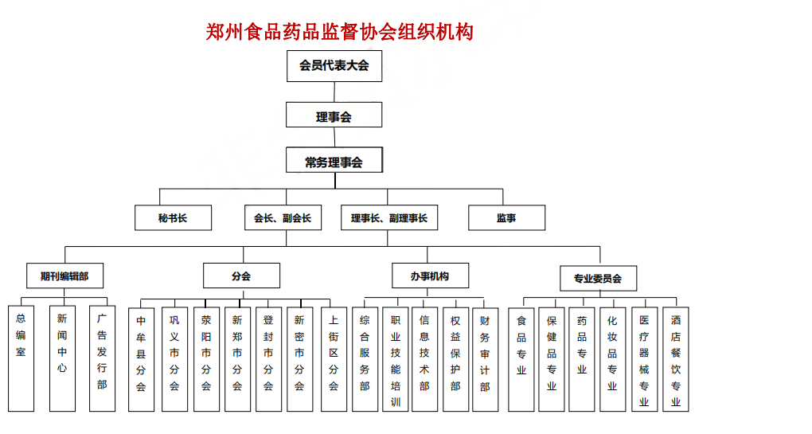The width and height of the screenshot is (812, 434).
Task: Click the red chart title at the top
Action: tap(339, 32)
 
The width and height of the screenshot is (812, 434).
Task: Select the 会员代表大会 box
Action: tap(334, 66)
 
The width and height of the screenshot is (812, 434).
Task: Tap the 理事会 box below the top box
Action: tap(334, 115)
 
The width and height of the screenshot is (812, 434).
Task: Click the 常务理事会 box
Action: tap(334, 160)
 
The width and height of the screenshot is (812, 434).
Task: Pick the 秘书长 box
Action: tap(173, 217)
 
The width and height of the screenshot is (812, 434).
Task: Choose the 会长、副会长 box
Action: tap(283, 217)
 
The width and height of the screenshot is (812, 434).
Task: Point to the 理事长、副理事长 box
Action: tap(389, 217)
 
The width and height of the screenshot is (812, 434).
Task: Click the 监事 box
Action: tap(506, 217)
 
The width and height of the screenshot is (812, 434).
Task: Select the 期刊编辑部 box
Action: tap(64, 276)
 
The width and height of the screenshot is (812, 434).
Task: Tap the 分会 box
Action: tap(241, 276)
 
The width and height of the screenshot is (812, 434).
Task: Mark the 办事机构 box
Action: tap(431, 276)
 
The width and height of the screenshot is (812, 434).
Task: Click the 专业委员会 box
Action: tap(598, 279)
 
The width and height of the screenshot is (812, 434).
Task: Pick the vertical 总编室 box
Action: tap(21, 358)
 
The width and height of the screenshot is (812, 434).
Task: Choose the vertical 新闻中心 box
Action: tap(62, 358)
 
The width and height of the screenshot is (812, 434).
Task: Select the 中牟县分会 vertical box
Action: tap(142, 359)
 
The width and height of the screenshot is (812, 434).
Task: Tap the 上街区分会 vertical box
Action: tap(334, 359)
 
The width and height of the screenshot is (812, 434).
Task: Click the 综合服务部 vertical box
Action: tap(365, 359)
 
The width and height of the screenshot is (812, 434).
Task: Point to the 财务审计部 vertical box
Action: tap(486, 359)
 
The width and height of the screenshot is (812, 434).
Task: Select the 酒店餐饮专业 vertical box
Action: tap(676, 359)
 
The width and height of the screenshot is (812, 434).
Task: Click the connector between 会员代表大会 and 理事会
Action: tap(334, 92)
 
